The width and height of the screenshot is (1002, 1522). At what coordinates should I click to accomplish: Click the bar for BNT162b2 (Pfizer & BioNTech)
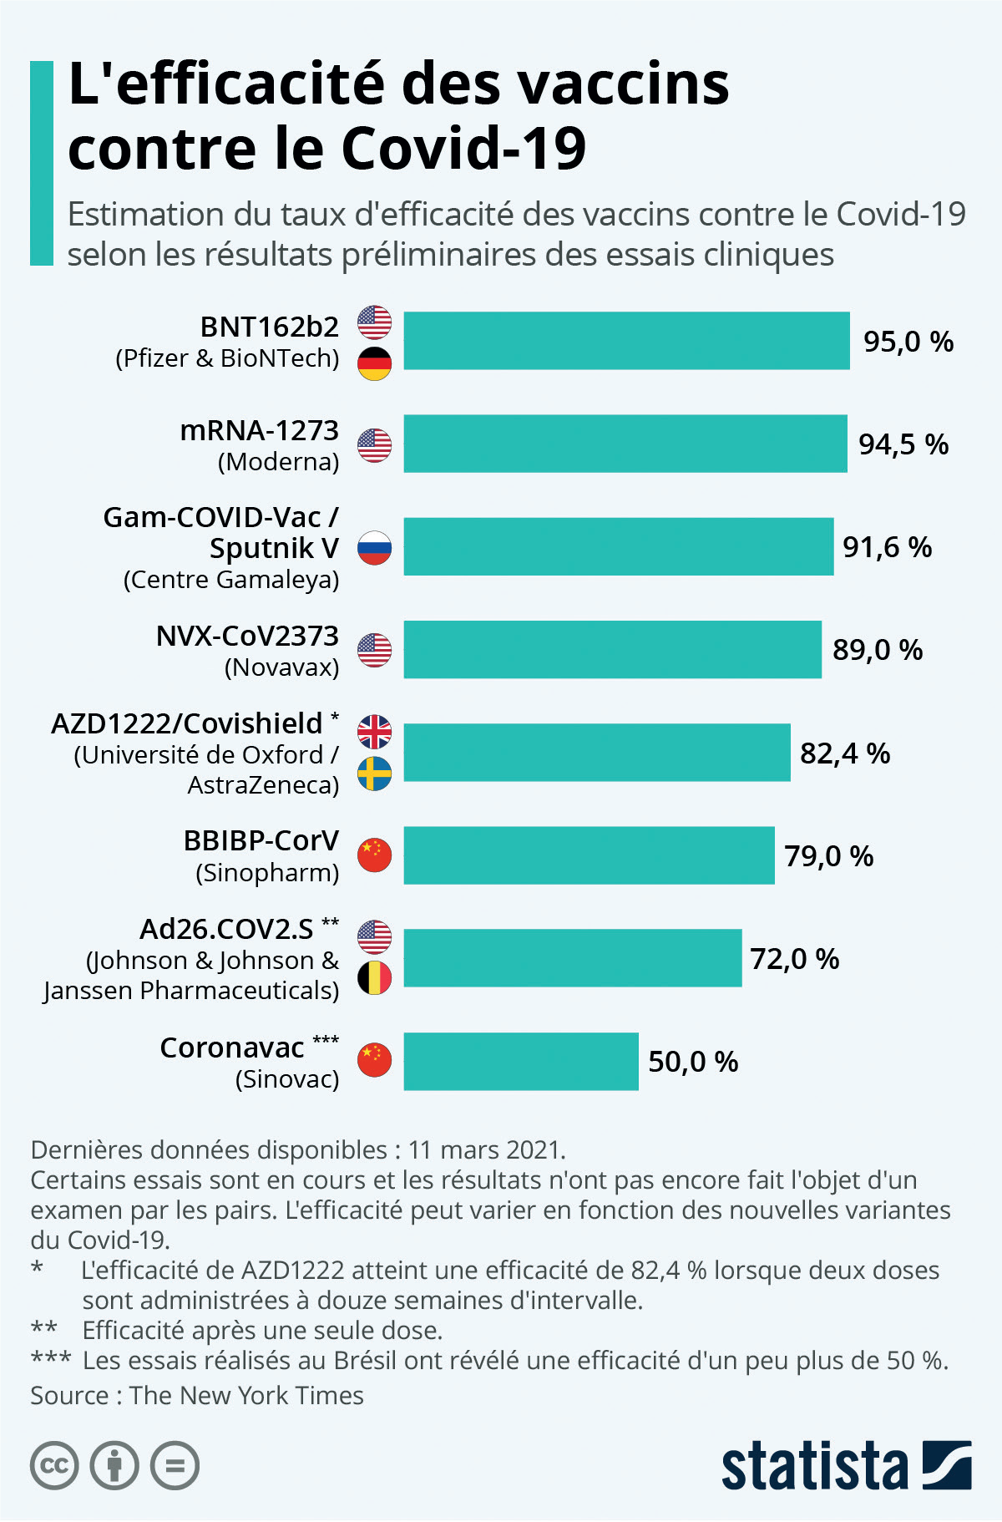[x=626, y=341]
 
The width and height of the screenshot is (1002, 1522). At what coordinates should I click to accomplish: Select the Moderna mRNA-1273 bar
[x=625, y=444]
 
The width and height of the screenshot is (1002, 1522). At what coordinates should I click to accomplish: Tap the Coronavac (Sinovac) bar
[x=521, y=1061]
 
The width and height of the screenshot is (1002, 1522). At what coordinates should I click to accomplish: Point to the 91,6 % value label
[x=887, y=547]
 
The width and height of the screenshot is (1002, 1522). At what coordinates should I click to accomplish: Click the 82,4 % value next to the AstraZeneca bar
[x=845, y=753]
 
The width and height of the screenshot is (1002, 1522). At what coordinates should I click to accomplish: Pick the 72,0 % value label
[x=794, y=959]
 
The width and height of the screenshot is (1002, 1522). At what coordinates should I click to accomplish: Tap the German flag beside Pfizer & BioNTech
[x=375, y=363]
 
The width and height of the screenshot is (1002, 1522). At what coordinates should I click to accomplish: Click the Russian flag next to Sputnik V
[x=375, y=548]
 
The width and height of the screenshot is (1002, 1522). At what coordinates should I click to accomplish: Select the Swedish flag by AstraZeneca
[x=375, y=774]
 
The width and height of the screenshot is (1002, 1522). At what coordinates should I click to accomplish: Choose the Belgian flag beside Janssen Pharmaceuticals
[x=375, y=978]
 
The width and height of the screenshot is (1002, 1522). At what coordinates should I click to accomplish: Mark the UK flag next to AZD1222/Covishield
[x=375, y=732]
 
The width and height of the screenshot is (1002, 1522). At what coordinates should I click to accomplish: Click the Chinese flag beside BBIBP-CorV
[x=375, y=855]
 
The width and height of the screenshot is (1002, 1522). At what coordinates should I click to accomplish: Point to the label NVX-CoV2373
[x=247, y=637]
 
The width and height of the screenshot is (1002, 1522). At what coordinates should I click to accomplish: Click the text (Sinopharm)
[x=267, y=873]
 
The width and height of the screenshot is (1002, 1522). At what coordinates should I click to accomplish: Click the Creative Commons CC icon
[x=54, y=1466]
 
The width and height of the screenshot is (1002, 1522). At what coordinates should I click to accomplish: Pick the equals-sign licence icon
[x=175, y=1466]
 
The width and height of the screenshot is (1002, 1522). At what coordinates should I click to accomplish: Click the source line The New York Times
[x=246, y=1396]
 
